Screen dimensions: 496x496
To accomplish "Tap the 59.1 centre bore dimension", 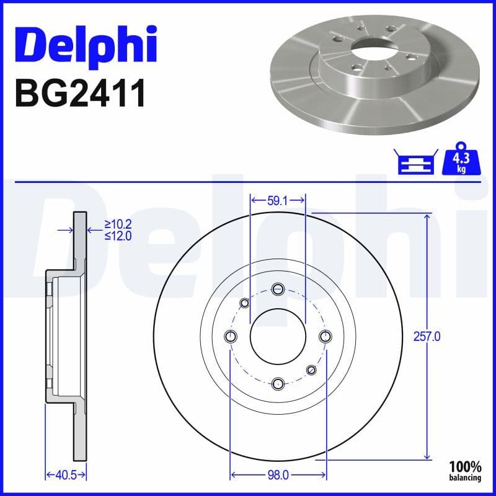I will (277, 201).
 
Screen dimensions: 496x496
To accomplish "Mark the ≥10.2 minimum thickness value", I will (118, 224).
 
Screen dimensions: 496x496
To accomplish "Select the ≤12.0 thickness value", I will (118, 236).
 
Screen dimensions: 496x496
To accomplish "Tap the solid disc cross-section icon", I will (415, 162).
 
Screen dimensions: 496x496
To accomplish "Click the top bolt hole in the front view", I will (278, 288).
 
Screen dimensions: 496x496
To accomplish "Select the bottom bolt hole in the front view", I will (278, 383).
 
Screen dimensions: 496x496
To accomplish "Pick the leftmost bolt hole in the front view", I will (231, 336).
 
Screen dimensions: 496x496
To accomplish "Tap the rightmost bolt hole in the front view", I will (325, 336).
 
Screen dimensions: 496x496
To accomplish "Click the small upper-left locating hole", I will (244, 303).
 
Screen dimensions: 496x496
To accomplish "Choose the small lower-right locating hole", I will (311, 370).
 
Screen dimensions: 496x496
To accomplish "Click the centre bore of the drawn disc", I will (278, 336).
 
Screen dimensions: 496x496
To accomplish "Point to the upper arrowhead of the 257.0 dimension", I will (427, 218).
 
